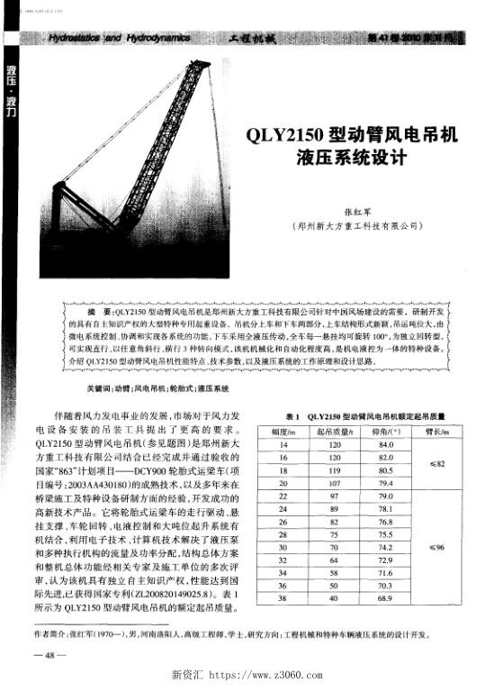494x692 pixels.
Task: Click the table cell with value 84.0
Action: coord(388,445)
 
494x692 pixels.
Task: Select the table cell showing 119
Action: coord(334,470)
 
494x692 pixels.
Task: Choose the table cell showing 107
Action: coord(334,483)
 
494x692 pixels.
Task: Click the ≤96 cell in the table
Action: coord(436,546)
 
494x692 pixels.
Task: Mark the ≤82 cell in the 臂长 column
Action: coord(436,463)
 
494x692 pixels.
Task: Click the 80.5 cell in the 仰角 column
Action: coord(388,470)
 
